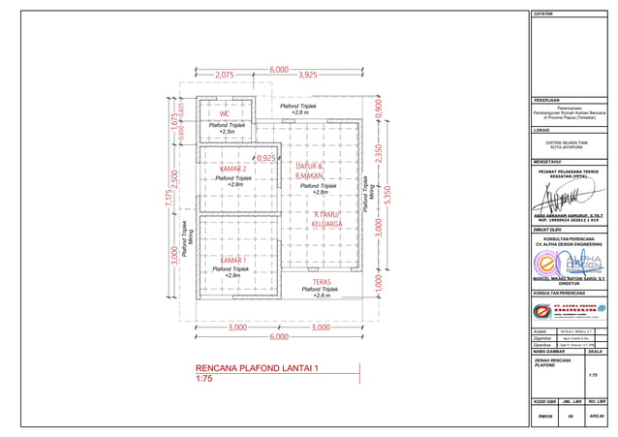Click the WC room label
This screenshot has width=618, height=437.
(x=224, y=113)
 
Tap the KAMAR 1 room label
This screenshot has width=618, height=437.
(x=232, y=261)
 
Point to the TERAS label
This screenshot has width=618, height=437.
(x=322, y=281)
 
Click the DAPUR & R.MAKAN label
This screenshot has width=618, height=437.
(x=310, y=172)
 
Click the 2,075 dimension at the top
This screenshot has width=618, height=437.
(x=225, y=75)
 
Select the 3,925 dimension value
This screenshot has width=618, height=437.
(x=308, y=75)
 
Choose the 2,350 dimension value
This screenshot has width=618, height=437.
(x=379, y=155)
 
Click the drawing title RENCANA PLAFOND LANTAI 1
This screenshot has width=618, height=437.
(x=257, y=369)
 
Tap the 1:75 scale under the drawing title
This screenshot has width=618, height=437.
(x=203, y=381)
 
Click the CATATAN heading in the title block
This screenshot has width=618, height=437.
(x=543, y=15)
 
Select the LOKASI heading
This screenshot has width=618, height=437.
(x=541, y=130)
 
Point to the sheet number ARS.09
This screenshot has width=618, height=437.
(x=597, y=415)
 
